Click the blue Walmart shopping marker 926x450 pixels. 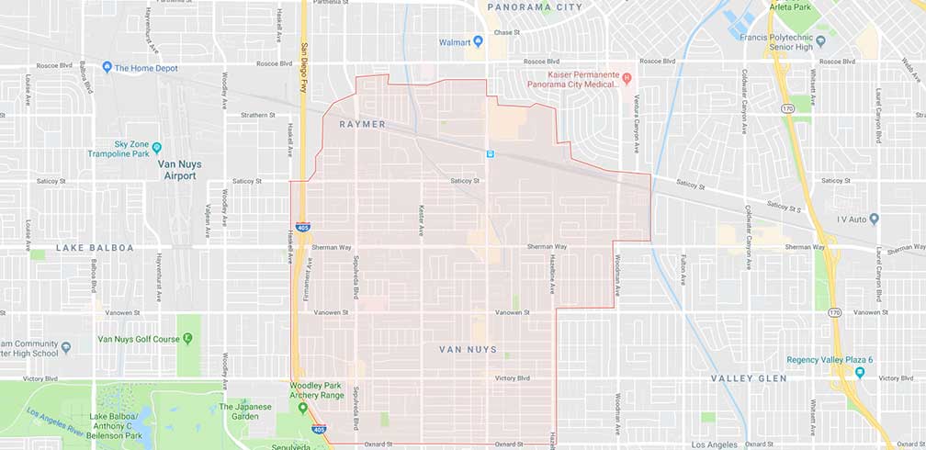pos(478,42)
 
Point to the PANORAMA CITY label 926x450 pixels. pos(534,7)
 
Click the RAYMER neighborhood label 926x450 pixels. pos(362,124)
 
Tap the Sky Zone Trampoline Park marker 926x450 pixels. pos(156,147)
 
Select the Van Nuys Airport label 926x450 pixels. pos(179,170)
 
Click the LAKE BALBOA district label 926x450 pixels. pos(95,248)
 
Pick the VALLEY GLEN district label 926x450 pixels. pos(749,378)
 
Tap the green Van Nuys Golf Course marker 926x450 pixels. pos(187,339)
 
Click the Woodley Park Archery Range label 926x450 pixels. pos(317,390)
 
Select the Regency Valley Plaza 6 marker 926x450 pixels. pos(859,372)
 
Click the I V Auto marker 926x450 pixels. pos(874,219)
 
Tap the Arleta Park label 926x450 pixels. pos(796,6)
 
